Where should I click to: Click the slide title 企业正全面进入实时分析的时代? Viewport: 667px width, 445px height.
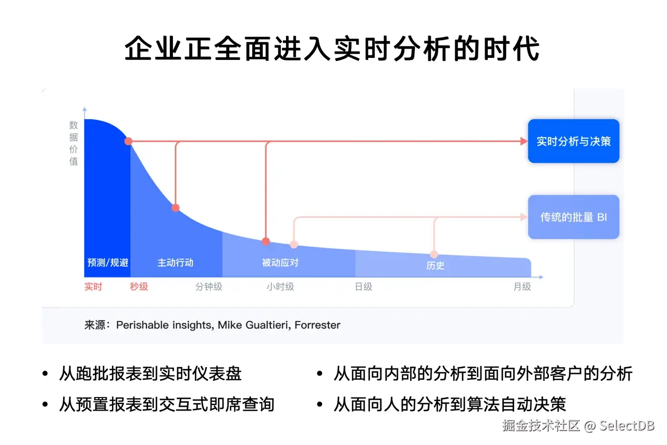click(x=332, y=49)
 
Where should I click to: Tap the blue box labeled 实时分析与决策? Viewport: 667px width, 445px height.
click(x=573, y=141)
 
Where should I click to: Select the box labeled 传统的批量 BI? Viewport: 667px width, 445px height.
click(x=573, y=217)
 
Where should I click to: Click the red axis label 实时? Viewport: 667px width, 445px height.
click(x=93, y=287)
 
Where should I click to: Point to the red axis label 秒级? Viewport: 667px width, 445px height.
click(x=139, y=287)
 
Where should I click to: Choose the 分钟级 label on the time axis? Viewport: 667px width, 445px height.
click(x=208, y=287)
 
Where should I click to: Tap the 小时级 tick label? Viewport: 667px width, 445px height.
click(x=280, y=287)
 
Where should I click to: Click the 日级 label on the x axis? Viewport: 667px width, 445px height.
click(x=363, y=287)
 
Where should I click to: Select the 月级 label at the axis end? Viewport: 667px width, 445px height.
click(x=522, y=287)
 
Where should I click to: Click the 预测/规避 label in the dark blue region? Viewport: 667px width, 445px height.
click(x=107, y=263)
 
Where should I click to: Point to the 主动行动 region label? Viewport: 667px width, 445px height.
click(x=176, y=263)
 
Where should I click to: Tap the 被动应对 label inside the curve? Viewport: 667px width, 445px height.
click(x=280, y=263)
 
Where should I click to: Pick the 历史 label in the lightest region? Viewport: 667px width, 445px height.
click(x=435, y=266)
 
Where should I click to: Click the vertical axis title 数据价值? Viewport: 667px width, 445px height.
click(x=73, y=143)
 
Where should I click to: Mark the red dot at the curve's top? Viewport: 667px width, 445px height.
click(x=128, y=141)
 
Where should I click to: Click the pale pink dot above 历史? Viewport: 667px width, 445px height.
click(x=434, y=254)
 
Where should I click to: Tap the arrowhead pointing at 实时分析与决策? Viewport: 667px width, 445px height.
click(x=524, y=141)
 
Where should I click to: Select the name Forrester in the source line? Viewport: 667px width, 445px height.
click(x=317, y=325)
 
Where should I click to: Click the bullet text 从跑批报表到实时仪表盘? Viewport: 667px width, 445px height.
click(x=151, y=374)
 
